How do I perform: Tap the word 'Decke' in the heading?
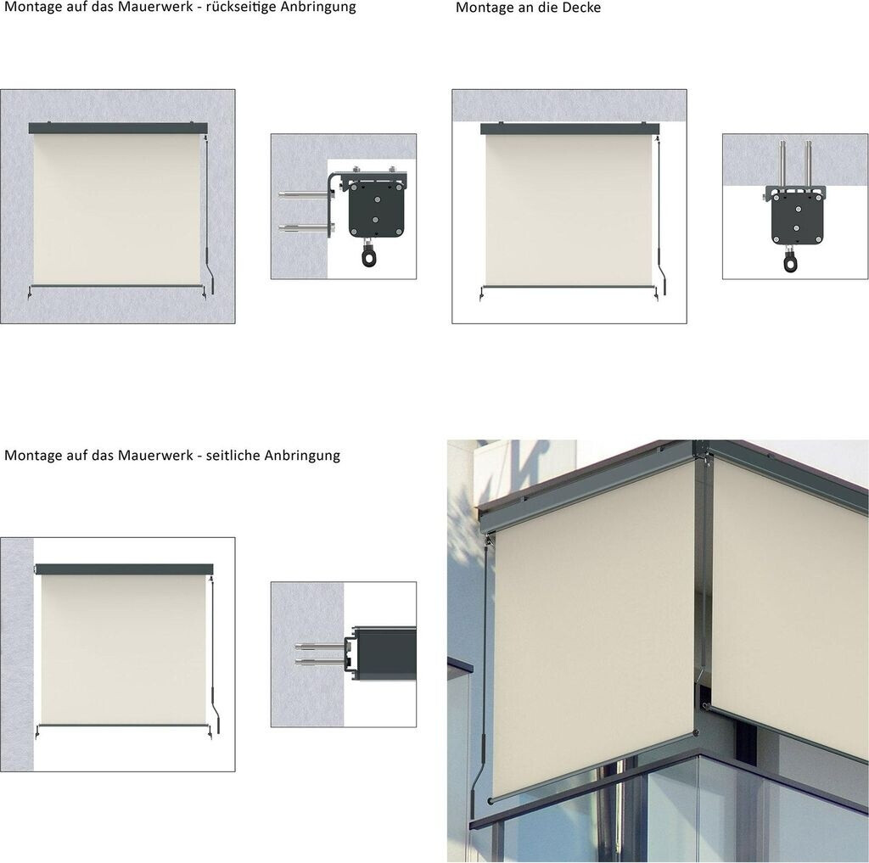(x=584, y=8)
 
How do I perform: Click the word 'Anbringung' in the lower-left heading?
(x=302, y=457)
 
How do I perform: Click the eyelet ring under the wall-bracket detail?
(x=368, y=257)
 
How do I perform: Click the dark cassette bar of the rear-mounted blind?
(x=118, y=128)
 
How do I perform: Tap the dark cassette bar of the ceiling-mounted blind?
(x=569, y=129)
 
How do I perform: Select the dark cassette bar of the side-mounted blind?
(x=124, y=569)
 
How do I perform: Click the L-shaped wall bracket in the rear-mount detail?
(x=331, y=202)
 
